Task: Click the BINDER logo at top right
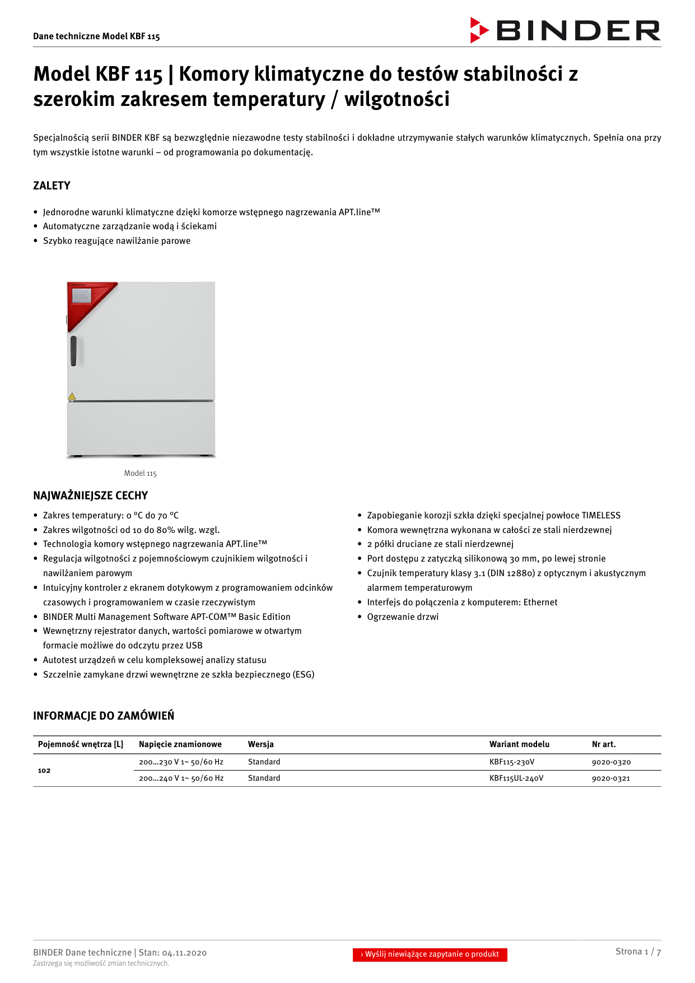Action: pos(565,30)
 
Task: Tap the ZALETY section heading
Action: pos(52,186)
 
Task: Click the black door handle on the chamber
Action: pos(73,351)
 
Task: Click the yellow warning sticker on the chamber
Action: pos(72,396)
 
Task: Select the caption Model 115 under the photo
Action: pos(140,473)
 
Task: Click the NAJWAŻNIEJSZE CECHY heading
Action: pos(90,495)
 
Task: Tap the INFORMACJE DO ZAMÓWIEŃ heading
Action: pos(104,716)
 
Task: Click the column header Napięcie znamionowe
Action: pos(180,744)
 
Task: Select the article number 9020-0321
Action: pos(610,778)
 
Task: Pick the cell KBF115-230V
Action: pos(511,762)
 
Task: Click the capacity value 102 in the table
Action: pos(44,771)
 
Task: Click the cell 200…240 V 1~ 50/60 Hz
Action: pos(181,778)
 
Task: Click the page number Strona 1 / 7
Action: pos(638,952)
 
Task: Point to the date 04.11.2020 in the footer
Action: pos(184,953)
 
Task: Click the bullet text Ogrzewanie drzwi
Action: pos(402,616)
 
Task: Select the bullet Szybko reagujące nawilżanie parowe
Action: pos(116,241)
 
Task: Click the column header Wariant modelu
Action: pos(519,744)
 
